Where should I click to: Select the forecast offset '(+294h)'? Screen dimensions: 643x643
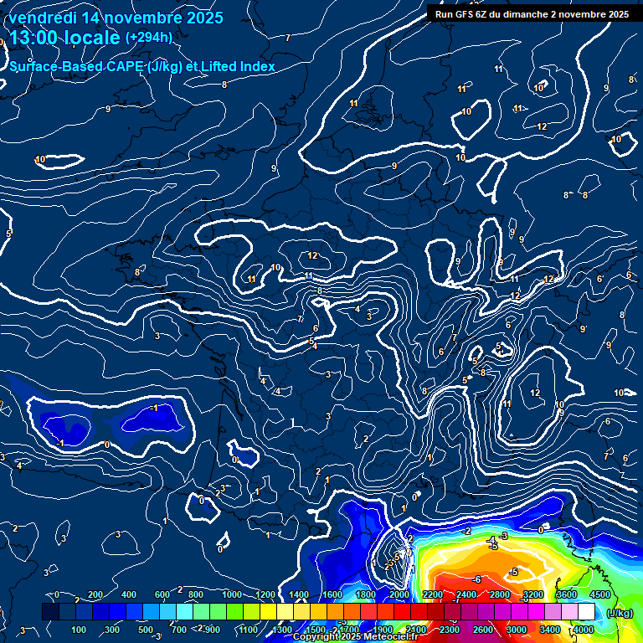point(149,37)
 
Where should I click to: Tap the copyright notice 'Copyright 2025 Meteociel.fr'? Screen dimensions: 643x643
point(355,637)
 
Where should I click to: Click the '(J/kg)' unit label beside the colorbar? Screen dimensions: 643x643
point(620,613)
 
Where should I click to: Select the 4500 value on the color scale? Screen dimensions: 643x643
point(599,594)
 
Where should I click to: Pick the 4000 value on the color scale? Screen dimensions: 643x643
point(583,630)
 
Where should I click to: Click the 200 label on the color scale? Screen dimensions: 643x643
point(95,594)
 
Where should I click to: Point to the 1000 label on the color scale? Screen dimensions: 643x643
point(232,594)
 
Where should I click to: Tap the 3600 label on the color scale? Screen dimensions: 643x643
point(566,594)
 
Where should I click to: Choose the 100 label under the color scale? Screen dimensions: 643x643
point(79,630)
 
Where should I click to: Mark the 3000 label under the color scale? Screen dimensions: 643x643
point(516,630)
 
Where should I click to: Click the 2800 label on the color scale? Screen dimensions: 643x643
point(499,594)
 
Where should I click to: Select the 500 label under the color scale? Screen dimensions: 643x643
point(146,630)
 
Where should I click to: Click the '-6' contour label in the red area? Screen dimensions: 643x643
point(476,579)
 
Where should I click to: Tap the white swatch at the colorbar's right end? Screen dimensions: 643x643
point(586,613)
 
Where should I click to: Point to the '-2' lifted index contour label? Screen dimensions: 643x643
point(467,532)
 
